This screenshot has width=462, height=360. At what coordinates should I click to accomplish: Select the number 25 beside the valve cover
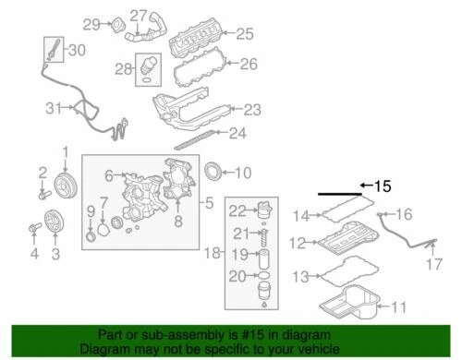tap(244, 34)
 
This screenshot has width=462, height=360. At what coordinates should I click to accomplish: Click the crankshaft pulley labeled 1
tap(65, 178)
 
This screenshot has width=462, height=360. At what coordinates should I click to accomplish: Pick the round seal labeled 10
tap(213, 172)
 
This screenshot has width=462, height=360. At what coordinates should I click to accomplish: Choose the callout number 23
tap(252, 108)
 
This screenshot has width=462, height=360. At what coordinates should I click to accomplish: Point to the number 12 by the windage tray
tap(297, 244)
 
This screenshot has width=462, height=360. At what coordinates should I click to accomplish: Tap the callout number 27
tap(138, 15)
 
